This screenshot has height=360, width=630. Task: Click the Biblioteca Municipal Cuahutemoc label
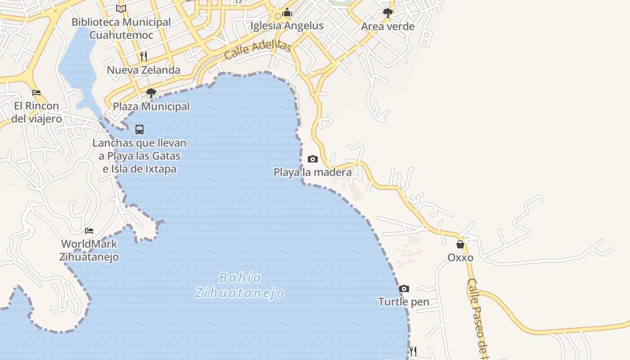(x=121, y=28)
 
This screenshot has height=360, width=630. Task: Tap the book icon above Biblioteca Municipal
(x=121, y=9)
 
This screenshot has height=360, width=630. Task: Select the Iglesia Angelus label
(x=287, y=26)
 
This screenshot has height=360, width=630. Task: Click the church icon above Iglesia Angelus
(x=287, y=13)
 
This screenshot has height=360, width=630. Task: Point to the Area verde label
(x=387, y=27)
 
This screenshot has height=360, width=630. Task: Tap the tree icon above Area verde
(x=387, y=13)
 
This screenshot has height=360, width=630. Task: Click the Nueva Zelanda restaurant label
(x=144, y=70)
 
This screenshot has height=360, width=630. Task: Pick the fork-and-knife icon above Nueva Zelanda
(x=144, y=56)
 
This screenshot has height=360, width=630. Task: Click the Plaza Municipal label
(x=151, y=107)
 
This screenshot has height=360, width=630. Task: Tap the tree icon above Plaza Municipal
(x=151, y=93)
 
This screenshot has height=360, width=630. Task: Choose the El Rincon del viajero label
(x=36, y=112)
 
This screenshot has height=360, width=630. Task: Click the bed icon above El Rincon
(x=36, y=93)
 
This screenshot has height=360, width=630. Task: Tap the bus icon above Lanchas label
(x=139, y=130)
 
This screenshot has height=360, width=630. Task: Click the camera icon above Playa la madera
(x=313, y=159)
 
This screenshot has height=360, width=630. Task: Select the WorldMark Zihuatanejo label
(x=89, y=251)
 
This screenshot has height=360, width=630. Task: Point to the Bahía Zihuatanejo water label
(x=240, y=285)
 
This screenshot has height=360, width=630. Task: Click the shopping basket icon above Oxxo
(x=460, y=244)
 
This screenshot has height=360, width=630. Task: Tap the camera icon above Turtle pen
(x=404, y=288)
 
